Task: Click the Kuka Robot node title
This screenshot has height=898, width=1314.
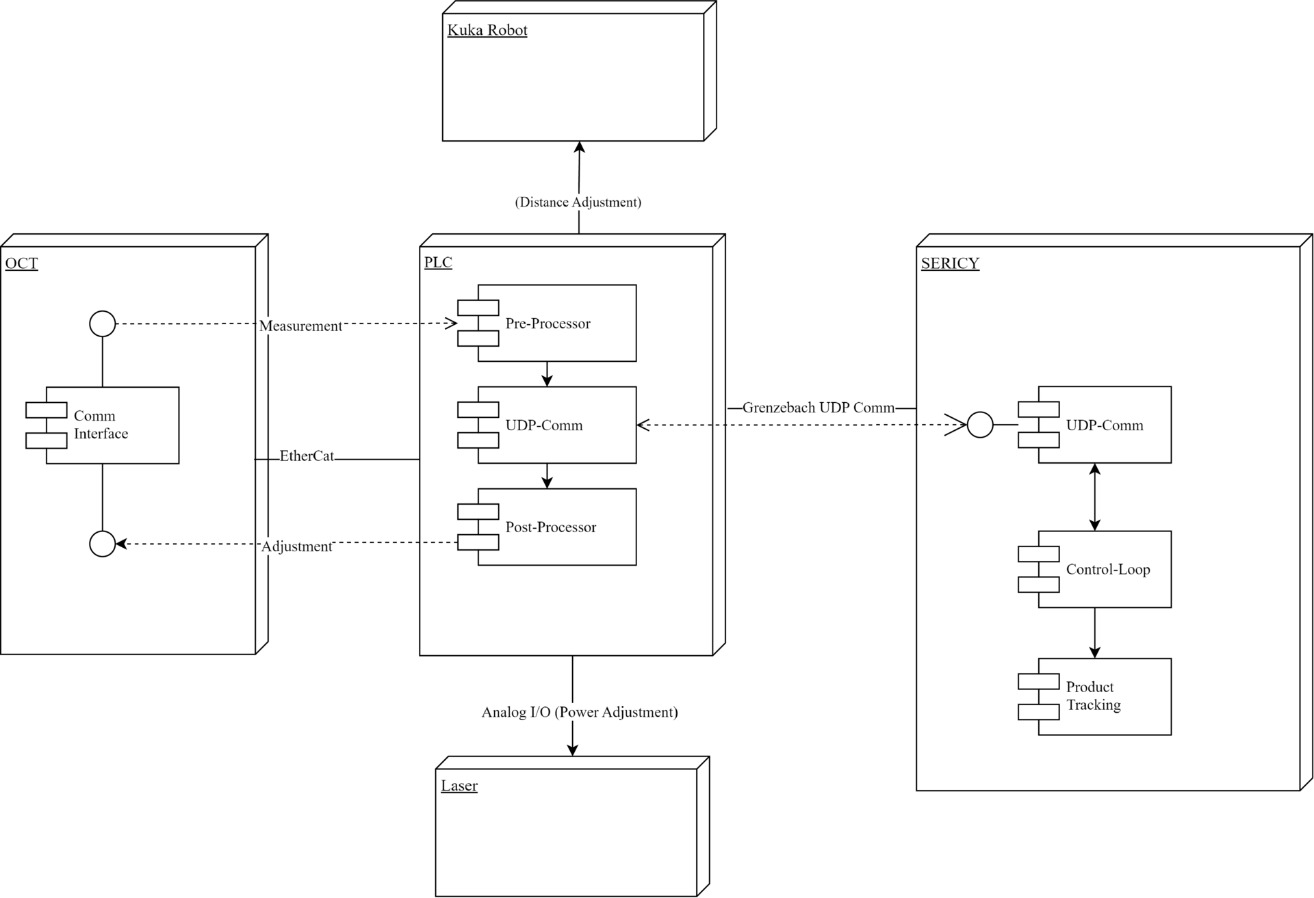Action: point(487,30)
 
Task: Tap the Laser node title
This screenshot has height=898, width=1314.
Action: point(459,786)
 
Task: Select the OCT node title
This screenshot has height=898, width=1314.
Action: point(21,263)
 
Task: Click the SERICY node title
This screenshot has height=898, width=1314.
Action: point(950,263)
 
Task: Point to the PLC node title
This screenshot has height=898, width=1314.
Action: point(438,263)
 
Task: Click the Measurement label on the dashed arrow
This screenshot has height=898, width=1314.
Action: point(300,326)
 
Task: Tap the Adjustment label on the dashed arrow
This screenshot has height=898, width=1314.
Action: point(296,546)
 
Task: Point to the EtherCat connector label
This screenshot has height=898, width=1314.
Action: point(307,456)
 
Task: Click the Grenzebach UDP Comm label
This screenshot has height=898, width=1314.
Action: point(818,408)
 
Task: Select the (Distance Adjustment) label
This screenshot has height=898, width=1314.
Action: point(578,202)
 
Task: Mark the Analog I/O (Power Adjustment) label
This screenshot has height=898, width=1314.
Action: point(579,712)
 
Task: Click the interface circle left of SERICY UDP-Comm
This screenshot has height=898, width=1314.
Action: point(979,425)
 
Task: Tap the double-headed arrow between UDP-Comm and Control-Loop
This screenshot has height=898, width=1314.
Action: point(1094,497)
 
